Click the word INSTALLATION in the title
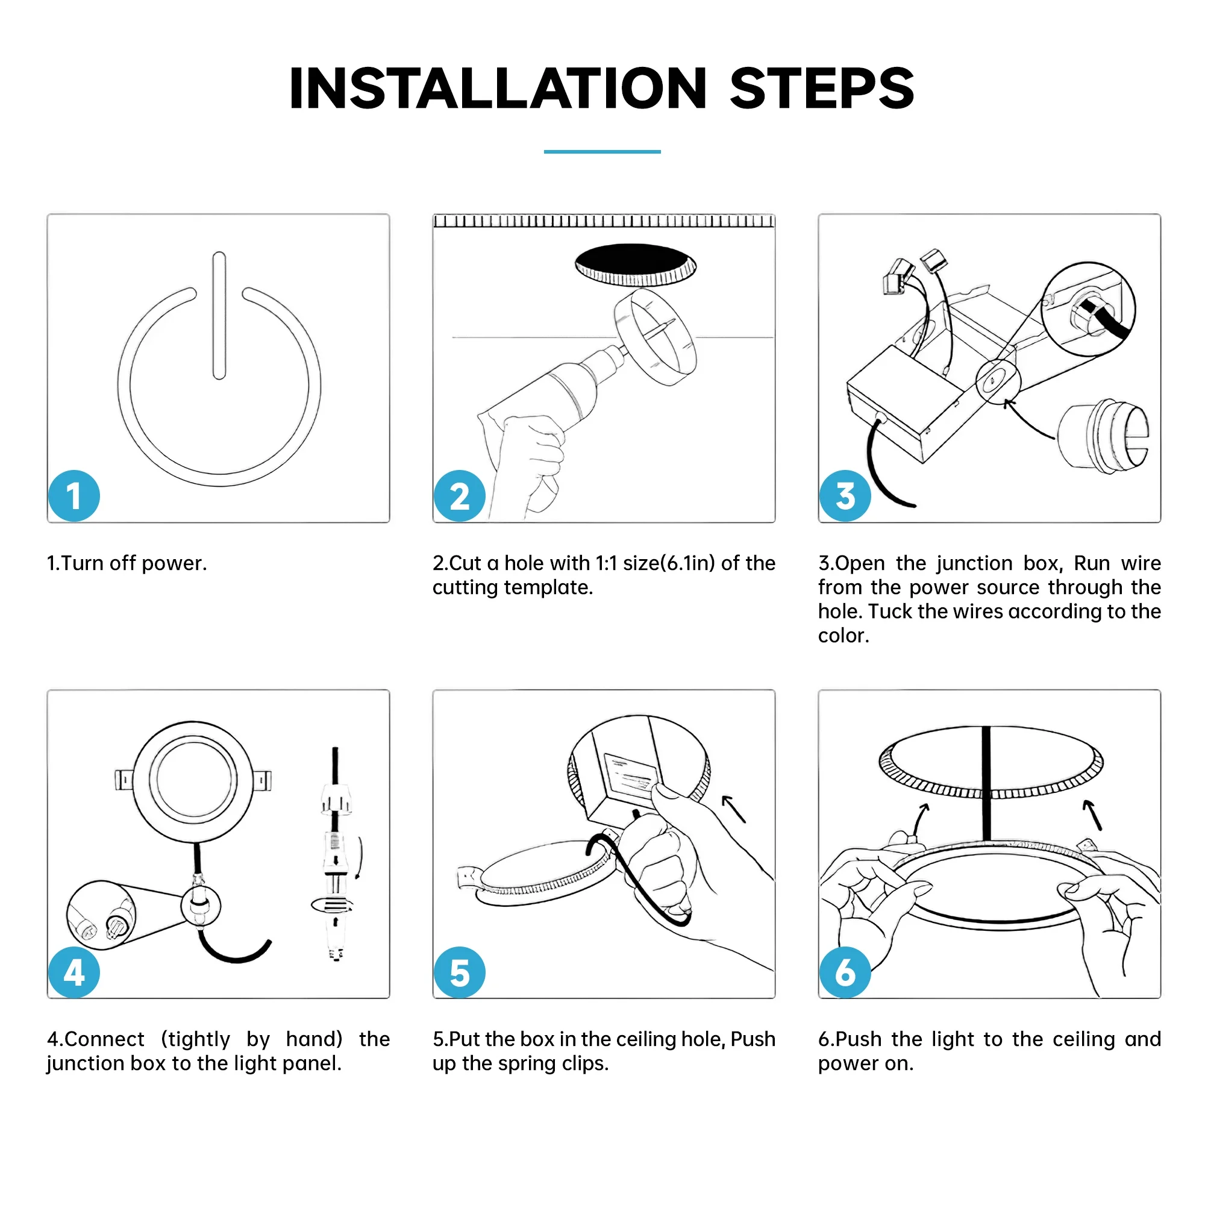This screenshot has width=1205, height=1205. pyautogui.click(x=497, y=89)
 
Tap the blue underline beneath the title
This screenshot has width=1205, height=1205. pyautogui.click(x=602, y=152)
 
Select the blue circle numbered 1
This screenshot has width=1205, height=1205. pyautogui.click(x=74, y=496)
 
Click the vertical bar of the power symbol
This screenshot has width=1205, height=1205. pyautogui.click(x=219, y=315)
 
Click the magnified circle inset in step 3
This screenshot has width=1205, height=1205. pyautogui.click(x=1088, y=308)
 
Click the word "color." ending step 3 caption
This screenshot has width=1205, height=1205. pyautogui.click(x=843, y=636)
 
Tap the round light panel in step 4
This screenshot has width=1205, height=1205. pyautogui.click(x=193, y=780)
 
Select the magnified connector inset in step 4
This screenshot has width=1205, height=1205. pyautogui.click(x=101, y=915)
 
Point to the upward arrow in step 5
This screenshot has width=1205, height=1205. pyautogui.click(x=734, y=809)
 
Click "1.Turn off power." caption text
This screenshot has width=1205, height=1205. pyautogui.click(x=127, y=563)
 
